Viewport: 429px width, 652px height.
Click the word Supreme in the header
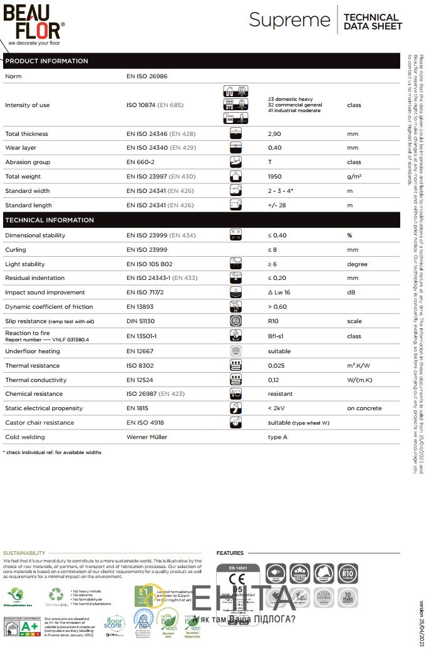289,20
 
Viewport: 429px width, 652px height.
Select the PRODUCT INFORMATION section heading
46,61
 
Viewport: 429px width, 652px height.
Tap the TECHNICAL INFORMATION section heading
49,220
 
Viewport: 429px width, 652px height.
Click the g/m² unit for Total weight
354,177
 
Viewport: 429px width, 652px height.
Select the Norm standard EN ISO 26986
147,76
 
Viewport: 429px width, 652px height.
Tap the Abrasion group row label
27,162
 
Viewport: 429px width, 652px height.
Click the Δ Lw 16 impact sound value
279,292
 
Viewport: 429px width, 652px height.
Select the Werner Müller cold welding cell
147,437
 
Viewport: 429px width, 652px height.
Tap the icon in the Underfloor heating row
236,351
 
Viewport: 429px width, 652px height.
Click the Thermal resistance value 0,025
276,365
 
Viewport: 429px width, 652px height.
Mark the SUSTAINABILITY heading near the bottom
24,553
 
